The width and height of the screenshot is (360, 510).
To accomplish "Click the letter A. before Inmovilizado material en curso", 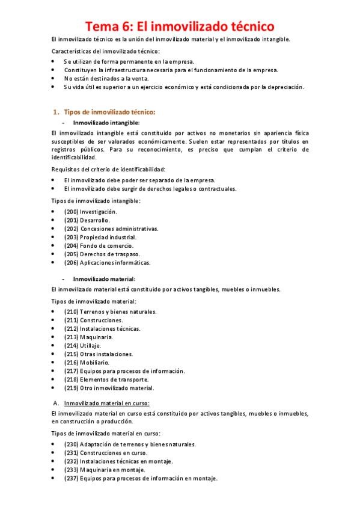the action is click(55, 402).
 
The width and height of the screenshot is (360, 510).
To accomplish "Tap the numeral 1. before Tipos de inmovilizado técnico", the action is click(56, 112).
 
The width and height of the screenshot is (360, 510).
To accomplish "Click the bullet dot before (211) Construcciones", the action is click(54, 321).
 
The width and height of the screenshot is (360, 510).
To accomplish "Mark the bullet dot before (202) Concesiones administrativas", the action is click(54, 229).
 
